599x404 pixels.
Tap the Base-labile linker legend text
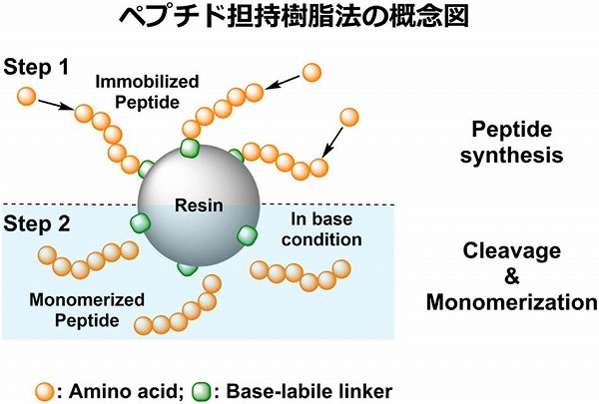309,387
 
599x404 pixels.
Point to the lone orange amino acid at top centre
311,72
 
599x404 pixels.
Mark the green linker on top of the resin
188,149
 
